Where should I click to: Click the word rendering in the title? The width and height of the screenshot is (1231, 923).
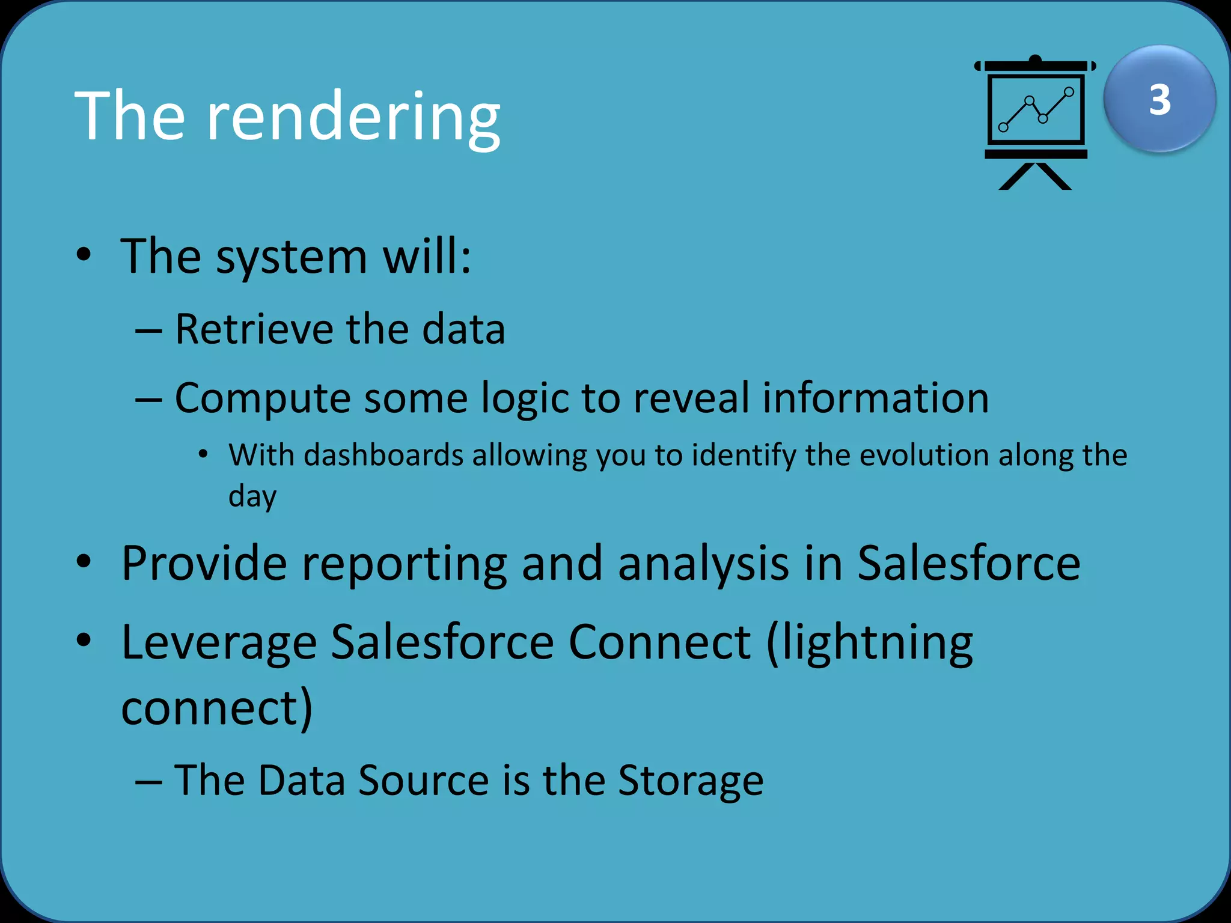[353, 117]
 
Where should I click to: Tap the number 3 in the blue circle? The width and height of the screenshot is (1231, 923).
[1159, 100]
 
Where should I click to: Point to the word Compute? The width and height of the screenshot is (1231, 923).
[262, 399]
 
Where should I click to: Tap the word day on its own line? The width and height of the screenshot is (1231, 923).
[252, 497]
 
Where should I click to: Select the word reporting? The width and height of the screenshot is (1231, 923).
[404, 564]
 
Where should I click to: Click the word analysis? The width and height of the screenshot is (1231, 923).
[703, 564]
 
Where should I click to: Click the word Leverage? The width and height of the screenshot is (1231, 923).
[219, 642]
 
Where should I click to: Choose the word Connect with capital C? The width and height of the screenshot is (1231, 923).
[659, 642]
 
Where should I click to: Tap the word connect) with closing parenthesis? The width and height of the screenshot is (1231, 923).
[216, 708]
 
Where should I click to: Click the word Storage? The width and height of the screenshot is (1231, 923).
[691, 781]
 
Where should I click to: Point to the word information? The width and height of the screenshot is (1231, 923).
[876, 398]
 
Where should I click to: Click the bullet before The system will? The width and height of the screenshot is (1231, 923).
[84, 255]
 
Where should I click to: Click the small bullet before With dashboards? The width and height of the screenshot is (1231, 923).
[203, 454]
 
